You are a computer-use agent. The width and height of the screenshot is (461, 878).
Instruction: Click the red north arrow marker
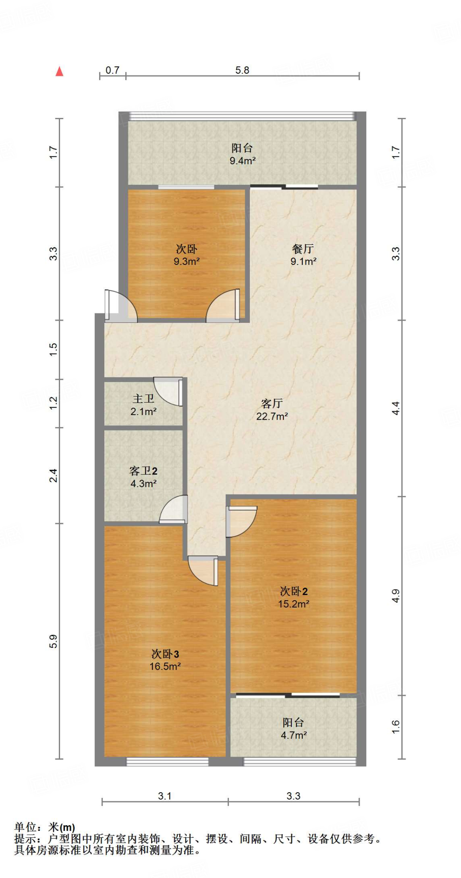[60, 72]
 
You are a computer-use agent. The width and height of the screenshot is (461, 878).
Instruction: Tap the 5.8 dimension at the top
[242, 70]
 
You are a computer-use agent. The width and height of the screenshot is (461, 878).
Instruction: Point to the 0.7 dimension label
[112, 70]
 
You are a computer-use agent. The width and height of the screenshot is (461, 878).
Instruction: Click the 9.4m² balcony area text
[243, 161]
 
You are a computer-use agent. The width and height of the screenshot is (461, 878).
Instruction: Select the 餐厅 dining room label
[303, 249]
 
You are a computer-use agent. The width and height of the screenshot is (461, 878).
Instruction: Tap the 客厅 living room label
[272, 403]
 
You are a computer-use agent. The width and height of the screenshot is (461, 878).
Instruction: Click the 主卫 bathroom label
[143, 399]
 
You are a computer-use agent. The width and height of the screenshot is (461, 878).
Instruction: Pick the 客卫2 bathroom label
[143, 471]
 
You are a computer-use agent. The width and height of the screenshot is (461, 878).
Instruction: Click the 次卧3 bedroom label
[165, 654]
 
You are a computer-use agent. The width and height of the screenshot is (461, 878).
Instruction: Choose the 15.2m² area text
[294, 604]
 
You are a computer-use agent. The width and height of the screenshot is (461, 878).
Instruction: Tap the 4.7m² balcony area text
[294, 735]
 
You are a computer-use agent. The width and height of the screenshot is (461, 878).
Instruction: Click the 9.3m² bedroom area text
[186, 262]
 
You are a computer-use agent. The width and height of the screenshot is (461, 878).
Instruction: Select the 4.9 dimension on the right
[396, 596]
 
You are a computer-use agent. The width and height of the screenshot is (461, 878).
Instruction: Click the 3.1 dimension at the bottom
[165, 796]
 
